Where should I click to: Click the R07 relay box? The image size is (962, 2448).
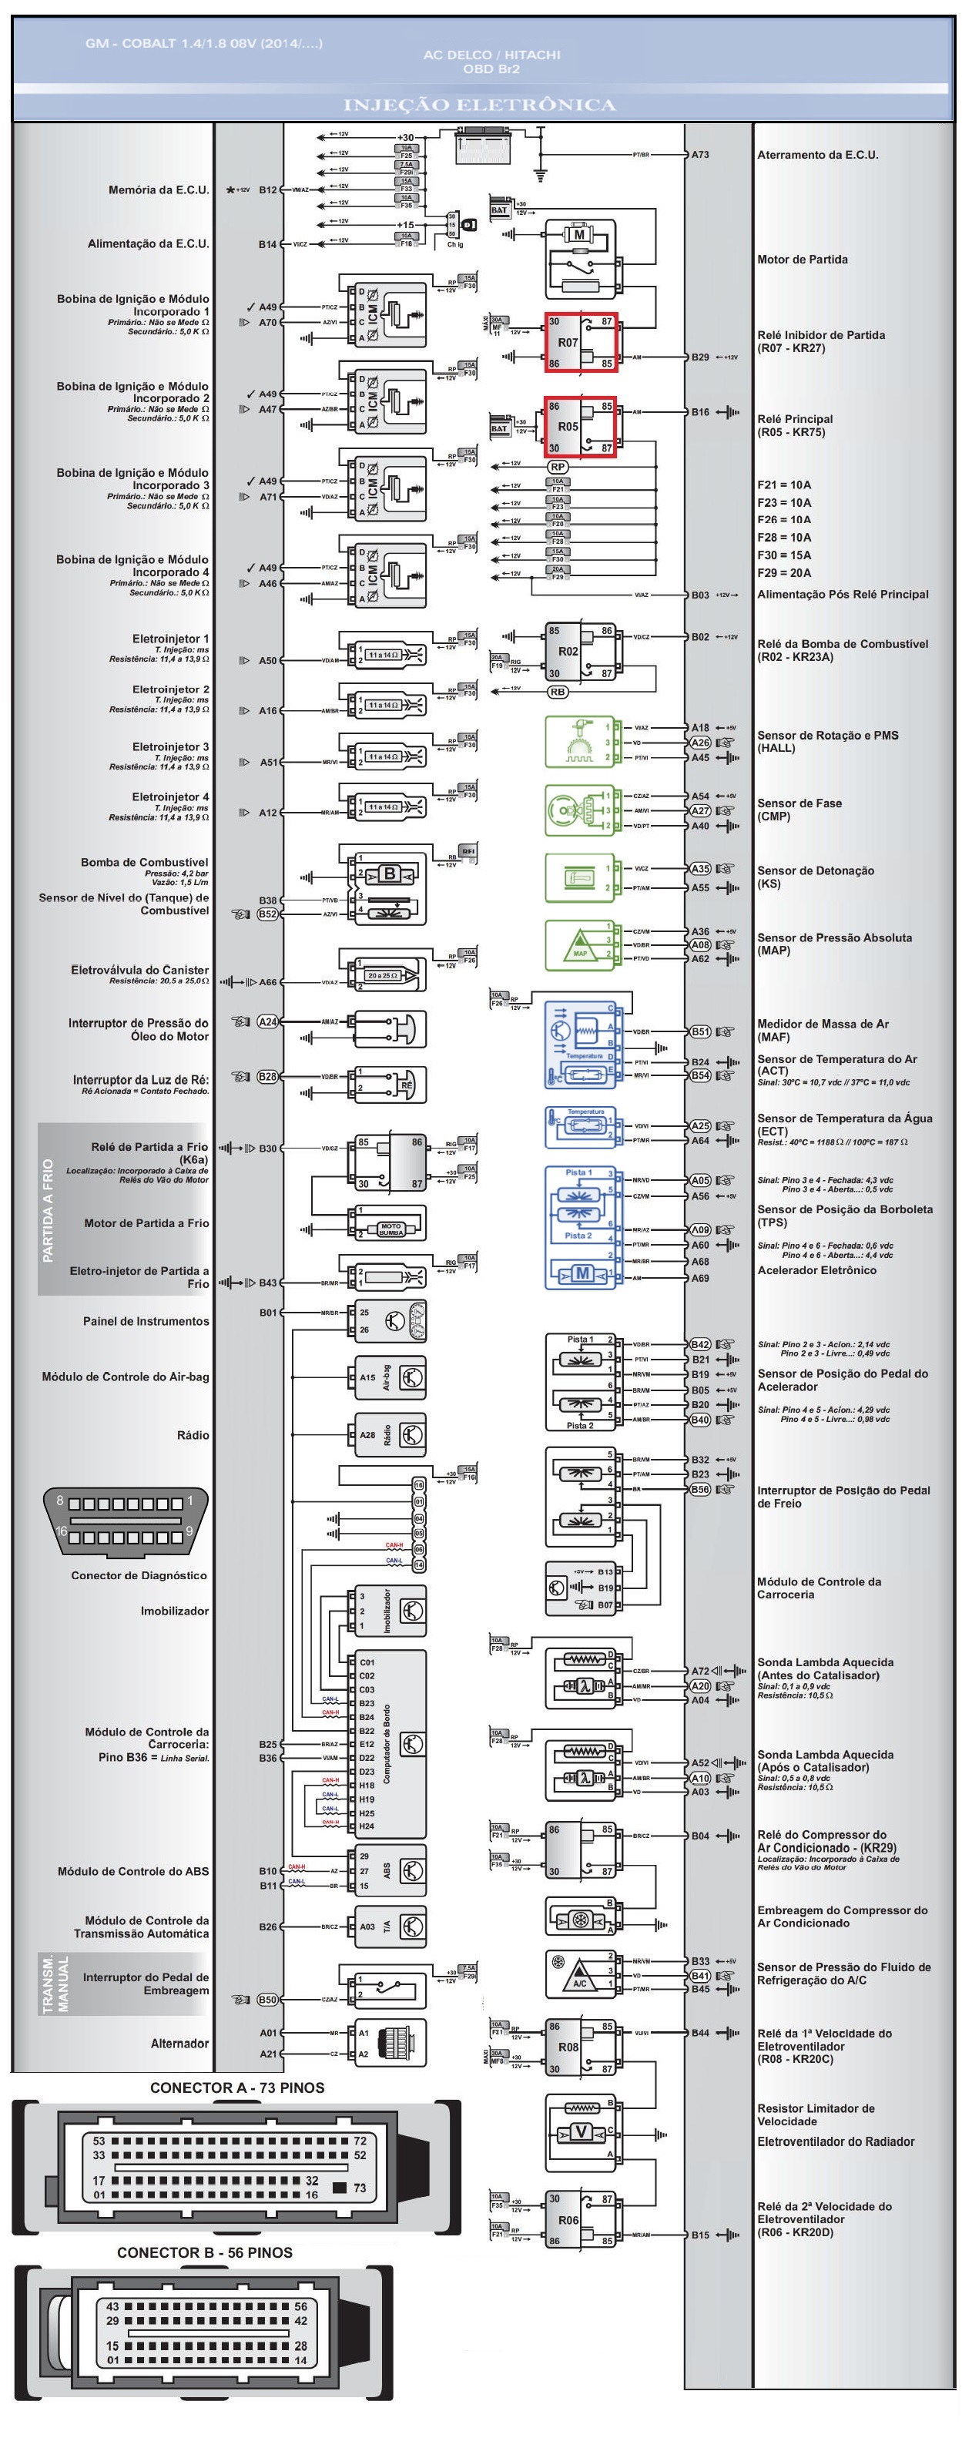click(x=581, y=342)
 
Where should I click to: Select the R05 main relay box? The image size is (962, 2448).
click(x=581, y=427)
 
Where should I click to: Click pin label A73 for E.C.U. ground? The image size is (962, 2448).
click(x=699, y=154)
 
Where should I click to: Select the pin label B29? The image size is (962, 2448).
click(x=699, y=357)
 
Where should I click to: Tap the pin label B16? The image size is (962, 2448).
click(x=699, y=412)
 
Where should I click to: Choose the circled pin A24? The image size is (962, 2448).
click(x=268, y=1021)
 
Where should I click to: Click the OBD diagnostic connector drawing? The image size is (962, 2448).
click(x=126, y=1521)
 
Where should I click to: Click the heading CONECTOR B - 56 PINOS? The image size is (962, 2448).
click(x=204, y=2253)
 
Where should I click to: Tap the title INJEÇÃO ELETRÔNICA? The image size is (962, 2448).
click(x=479, y=105)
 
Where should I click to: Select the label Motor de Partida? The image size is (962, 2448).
click(x=801, y=260)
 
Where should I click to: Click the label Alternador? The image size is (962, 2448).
click(x=179, y=2043)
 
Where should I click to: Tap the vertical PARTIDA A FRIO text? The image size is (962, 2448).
click(x=49, y=1209)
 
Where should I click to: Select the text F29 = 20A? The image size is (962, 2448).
click(x=783, y=573)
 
